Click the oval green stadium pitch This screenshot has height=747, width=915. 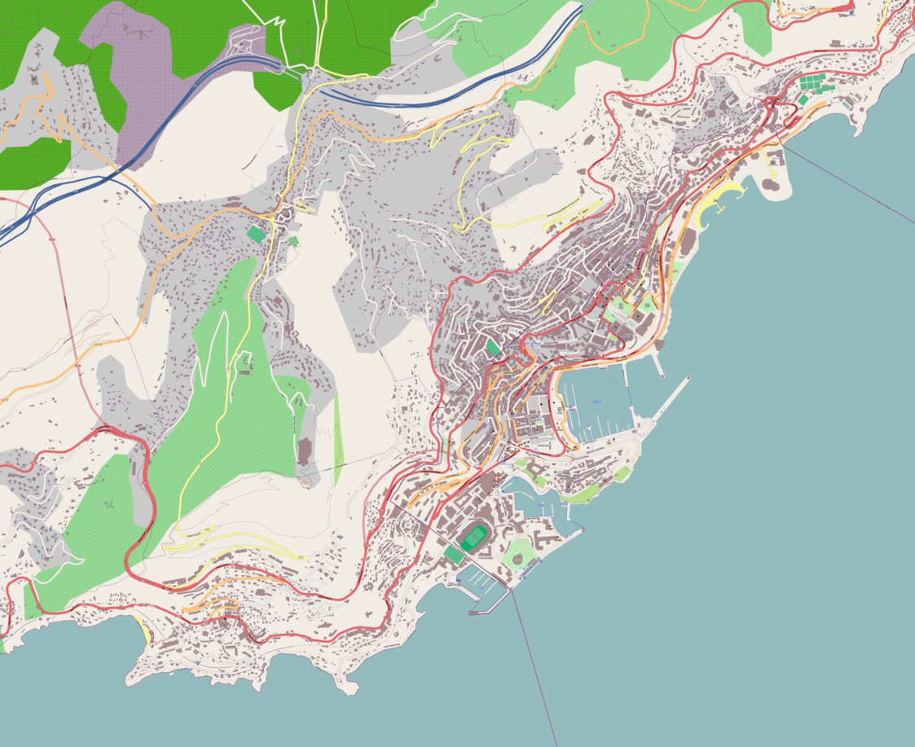473,538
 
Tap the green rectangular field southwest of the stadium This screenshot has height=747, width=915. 453,556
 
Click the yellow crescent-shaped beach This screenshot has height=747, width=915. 717,203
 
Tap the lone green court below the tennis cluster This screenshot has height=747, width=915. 803,99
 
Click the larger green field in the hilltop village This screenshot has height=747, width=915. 256,235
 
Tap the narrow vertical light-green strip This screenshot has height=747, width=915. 337,440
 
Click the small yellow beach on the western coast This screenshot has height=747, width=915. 145,629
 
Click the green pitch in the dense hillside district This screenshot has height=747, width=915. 492,348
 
